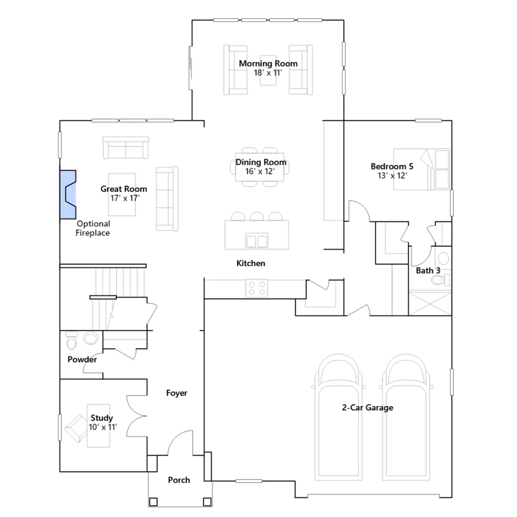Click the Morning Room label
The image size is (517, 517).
[268, 64]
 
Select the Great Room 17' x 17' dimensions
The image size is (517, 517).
[125, 198]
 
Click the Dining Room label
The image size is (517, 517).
[261, 162]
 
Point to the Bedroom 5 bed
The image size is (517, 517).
[422, 169]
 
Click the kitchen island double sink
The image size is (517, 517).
[257, 241]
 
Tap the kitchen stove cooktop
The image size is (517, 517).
[257, 288]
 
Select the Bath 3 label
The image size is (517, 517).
[428, 271]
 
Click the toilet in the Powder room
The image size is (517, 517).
[71, 341]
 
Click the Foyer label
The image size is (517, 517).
[177, 393]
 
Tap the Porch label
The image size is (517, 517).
[179, 480]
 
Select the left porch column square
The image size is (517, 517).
[153, 502]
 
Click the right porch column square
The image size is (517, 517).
[207, 502]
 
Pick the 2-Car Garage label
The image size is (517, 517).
[368, 408]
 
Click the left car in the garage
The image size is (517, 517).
[338, 417]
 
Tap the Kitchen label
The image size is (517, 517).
[251, 263]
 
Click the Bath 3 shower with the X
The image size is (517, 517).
[430, 303]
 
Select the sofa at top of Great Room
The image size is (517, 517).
[126, 148]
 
